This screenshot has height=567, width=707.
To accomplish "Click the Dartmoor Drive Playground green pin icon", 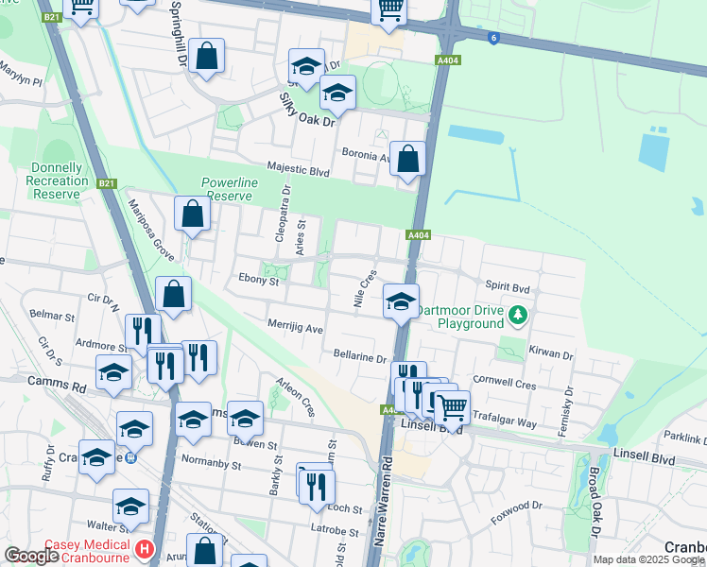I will (517, 313).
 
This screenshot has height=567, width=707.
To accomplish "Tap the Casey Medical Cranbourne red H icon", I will (144, 548).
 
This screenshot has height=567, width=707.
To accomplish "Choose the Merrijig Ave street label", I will (296, 329).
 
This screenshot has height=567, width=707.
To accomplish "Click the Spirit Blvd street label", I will (509, 284).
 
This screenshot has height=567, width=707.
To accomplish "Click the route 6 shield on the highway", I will (493, 38).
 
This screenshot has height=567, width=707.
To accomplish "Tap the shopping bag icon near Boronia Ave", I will (408, 160).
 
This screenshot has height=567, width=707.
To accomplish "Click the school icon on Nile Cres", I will (401, 302).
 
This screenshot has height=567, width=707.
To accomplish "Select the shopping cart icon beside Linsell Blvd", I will (452, 406).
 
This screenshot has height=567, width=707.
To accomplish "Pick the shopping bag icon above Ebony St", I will (175, 295).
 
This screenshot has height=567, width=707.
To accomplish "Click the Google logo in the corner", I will (31, 555).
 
